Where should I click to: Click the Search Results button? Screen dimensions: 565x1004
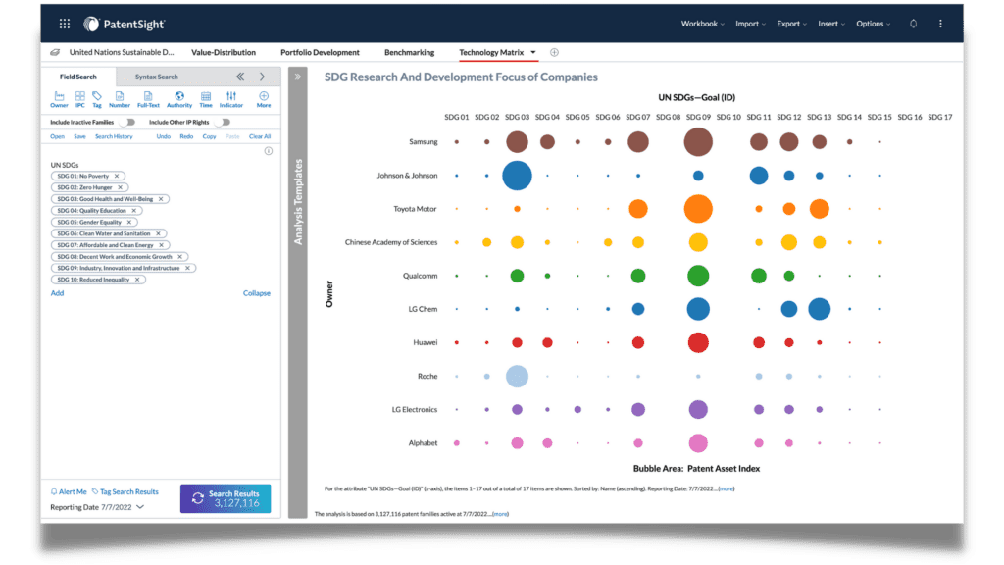point(226,498)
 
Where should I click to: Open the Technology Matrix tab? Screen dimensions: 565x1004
point(491,52)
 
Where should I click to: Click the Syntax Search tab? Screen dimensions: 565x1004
point(157,77)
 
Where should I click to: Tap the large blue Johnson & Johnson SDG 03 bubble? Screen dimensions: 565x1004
point(517,176)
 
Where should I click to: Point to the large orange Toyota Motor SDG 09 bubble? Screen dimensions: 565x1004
point(698,209)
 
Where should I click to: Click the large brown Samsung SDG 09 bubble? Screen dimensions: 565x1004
point(698,142)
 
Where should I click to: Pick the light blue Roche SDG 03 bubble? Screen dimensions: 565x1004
point(517,376)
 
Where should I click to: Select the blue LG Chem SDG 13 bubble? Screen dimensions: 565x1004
point(820,309)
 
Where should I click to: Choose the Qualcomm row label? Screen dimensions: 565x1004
point(420,276)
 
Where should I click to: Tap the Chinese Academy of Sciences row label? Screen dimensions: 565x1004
point(391,242)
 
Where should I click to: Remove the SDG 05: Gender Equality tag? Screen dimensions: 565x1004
point(128,223)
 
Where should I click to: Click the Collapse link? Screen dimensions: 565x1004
point(257,293)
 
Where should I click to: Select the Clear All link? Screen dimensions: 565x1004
point(260,136)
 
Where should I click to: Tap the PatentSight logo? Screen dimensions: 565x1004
point(125,24)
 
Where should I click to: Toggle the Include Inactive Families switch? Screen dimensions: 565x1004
point(128,123)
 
